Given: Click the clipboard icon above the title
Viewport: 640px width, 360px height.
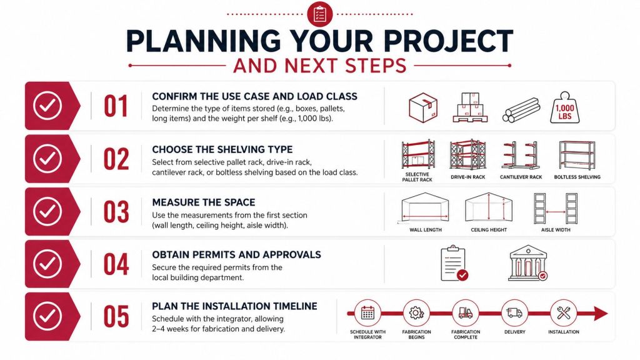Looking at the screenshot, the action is coord(319,14).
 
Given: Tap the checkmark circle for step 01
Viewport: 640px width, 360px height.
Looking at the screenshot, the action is coord(47,106).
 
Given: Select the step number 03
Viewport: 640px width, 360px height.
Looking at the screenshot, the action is coord(116,212).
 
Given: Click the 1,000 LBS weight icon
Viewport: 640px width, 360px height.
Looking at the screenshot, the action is coord(564,107).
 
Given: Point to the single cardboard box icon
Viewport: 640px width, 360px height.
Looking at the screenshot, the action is coord(423,107).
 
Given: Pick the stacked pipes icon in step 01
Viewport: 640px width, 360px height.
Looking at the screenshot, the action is coord(521,110).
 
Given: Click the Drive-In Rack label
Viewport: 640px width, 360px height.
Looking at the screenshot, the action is coord(467,177).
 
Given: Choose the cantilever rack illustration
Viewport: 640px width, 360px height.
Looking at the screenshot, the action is coord(521,155).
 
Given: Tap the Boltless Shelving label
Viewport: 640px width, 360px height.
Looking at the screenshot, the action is coord(577,177).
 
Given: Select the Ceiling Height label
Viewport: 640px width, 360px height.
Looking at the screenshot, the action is coord(489,230).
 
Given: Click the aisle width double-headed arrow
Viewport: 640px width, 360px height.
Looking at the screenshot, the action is coord(556,212).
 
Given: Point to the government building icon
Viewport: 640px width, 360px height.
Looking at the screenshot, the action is coord(527,263).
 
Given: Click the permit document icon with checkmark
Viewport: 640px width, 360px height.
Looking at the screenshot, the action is coord(454,263).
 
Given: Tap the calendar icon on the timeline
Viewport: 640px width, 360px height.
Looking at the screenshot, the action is coord(367,313).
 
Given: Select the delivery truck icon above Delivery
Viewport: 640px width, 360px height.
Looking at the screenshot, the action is coord(514,313).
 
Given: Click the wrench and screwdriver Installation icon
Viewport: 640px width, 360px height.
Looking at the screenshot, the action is coord(564,313).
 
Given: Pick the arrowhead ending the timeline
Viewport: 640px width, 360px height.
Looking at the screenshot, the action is coord(601,314).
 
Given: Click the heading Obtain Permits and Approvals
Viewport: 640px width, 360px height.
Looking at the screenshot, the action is coord(236,255).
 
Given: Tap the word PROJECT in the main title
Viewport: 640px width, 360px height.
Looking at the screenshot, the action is coord(448,41).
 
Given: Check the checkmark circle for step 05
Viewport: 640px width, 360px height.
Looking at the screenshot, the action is coord(47,316).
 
